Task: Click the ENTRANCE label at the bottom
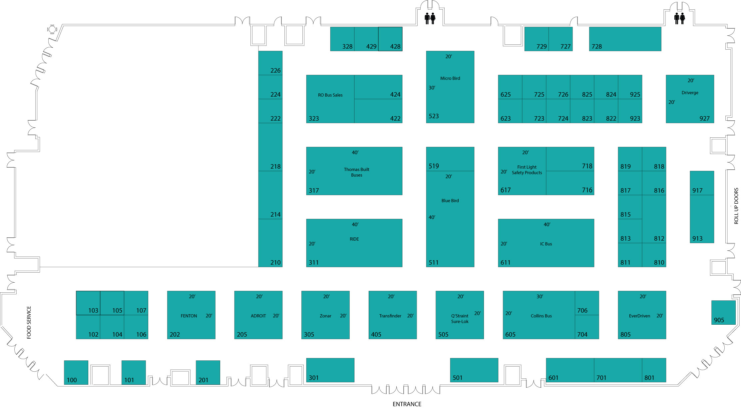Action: point(407,404)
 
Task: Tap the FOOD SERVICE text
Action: point(29,323)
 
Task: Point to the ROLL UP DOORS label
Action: point(736,206)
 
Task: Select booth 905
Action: point(723,313)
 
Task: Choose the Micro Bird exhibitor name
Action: point(450,78)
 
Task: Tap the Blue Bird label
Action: point(450,201)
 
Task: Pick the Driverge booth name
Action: point(690,93)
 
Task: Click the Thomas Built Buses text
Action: point(356,172)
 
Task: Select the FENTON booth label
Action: point(189,316)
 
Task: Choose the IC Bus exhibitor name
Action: point(546,244)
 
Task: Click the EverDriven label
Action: point(639,316)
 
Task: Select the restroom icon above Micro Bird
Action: point(430,18)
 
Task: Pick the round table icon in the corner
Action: point(52,30)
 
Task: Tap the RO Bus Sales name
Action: point(330,95)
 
